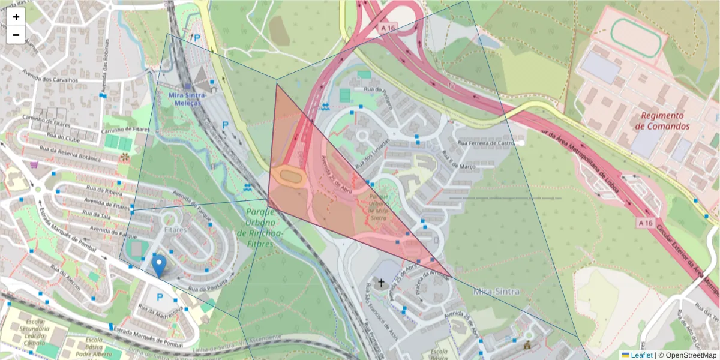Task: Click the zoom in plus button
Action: (x=16, y=17)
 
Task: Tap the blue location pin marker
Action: (x=159, y=265)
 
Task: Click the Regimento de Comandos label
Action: (x=662, y=121)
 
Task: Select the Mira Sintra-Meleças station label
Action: (x=187, y=99)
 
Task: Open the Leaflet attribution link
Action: (x=641, y=355)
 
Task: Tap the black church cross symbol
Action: (x=380, y=281)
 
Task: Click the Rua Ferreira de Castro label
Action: (x=487, y=143)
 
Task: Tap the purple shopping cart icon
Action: (x=34, y=165)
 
